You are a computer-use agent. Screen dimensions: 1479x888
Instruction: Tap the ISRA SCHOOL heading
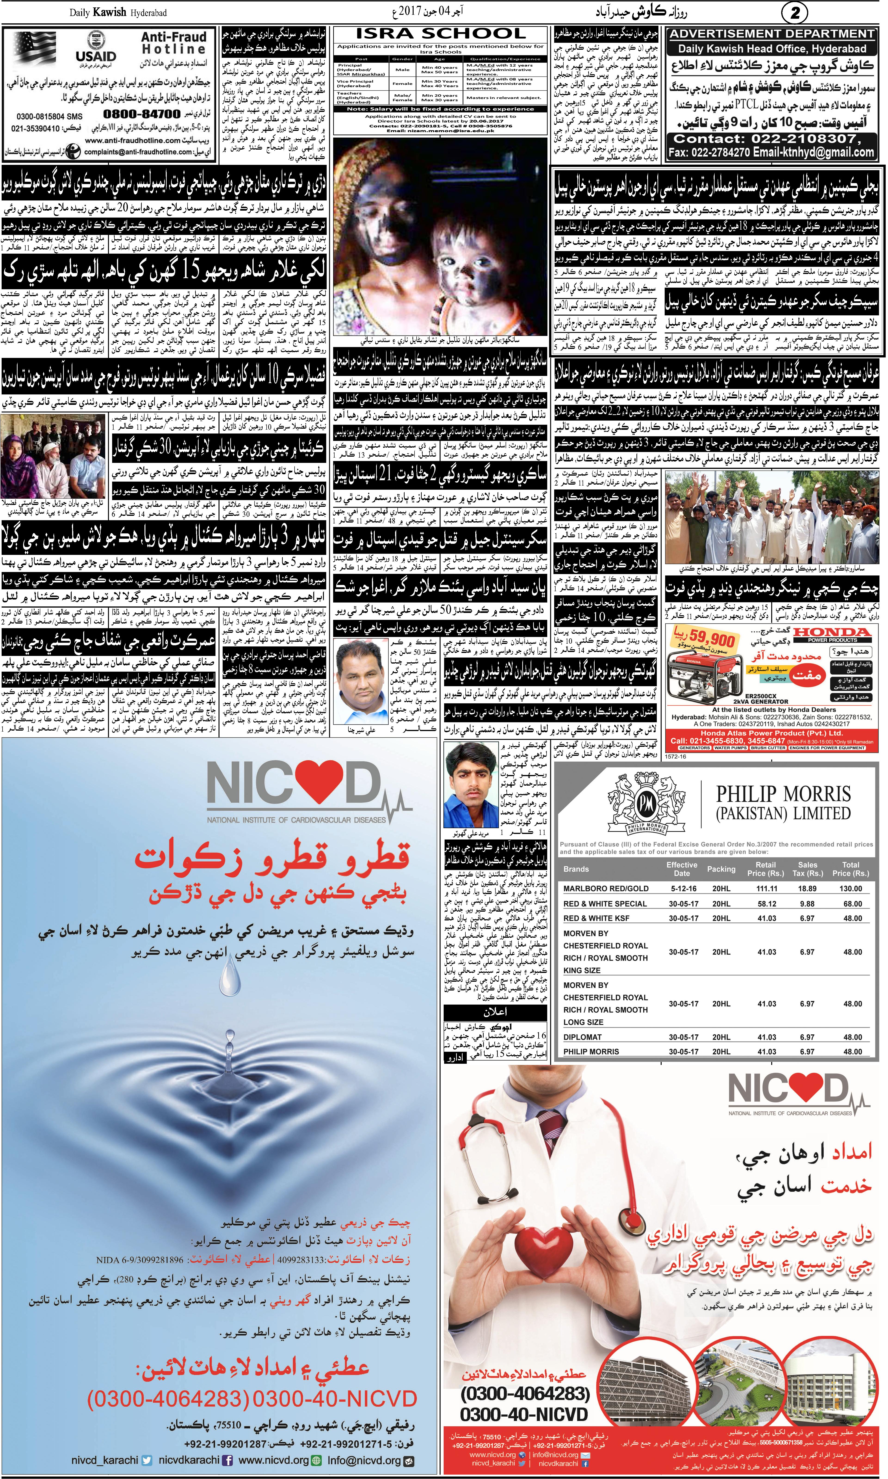[x=440, y=34]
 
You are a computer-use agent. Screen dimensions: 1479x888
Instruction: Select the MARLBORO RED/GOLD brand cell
[x=605, y=889]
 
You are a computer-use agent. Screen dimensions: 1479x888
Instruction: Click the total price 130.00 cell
[x=850, y=889]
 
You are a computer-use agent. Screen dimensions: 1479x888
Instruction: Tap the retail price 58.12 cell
[x=767, y=904]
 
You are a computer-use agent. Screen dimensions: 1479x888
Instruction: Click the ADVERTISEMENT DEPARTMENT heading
[x=772, y=34]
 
